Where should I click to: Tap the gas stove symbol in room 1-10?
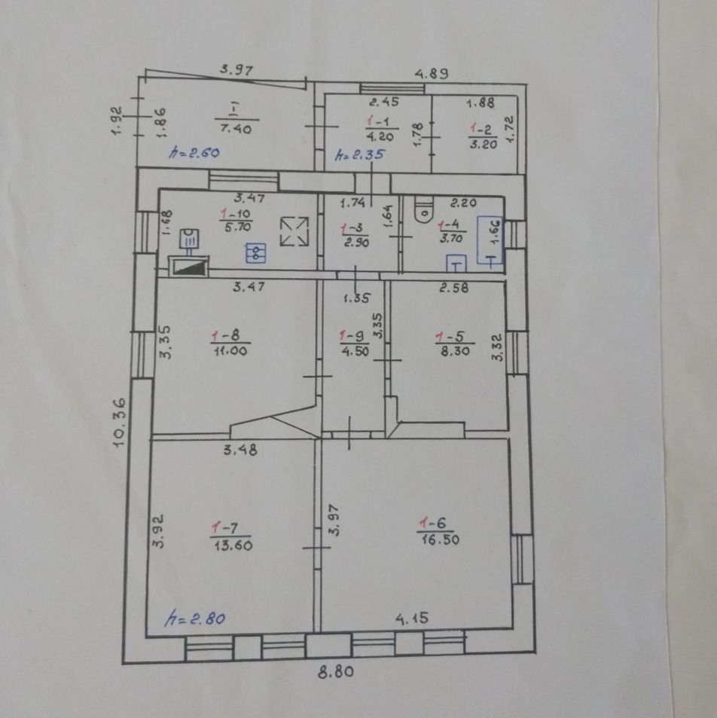tap(256, 253)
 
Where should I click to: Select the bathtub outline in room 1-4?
tap(490, 240)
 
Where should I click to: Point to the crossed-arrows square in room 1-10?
tap(294, 231)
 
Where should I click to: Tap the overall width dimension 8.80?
tap(336, 672)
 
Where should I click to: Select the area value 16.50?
tap(440, 539)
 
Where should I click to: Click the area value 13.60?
tap(233, 545)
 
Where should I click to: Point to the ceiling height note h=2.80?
tap(194, 619)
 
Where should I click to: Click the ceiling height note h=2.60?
tap(194, 152)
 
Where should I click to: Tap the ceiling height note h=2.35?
tap(359, 154)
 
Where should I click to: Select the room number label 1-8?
tap(225, 336)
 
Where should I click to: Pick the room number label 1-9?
tap(353, 337)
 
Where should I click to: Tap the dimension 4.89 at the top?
tap(432, 73)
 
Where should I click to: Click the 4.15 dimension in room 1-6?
tap(412, 619)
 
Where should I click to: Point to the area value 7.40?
tap(236, 128)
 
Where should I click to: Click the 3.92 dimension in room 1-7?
tap(158, 531)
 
